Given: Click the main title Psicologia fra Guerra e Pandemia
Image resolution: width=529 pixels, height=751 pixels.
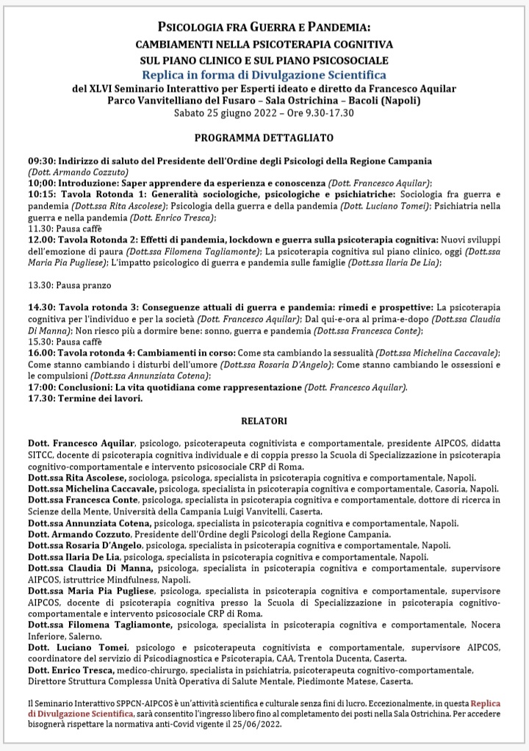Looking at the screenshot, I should click(x=264, y=28).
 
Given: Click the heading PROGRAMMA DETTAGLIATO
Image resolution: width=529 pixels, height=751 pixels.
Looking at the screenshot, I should click(x=264, y=137).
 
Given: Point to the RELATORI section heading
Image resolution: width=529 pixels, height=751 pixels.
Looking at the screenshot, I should click(x=264, y=421).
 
